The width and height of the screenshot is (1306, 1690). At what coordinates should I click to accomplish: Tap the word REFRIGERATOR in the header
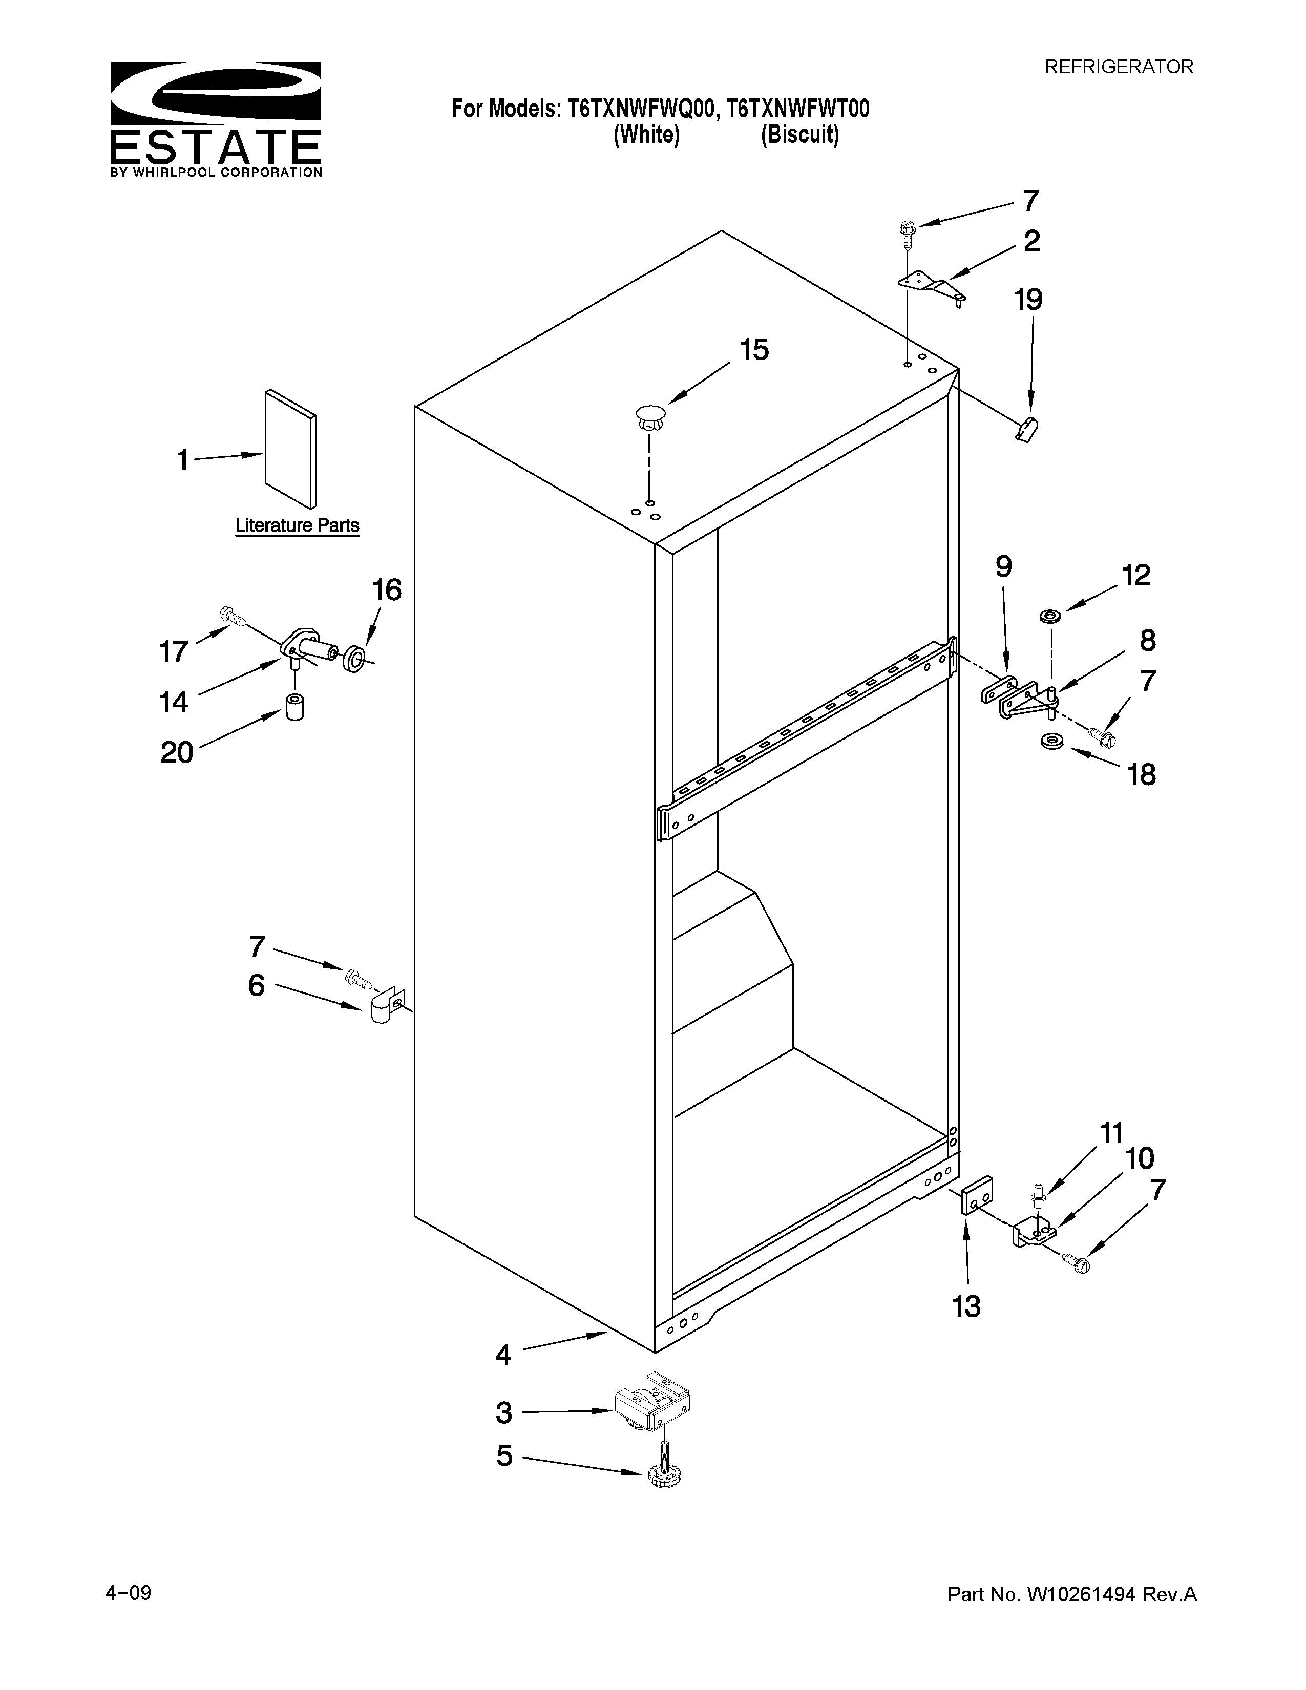click(1119, 67)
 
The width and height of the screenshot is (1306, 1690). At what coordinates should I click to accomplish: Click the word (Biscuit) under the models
click(799, 135)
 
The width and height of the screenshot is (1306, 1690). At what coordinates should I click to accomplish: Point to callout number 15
click(754, 350)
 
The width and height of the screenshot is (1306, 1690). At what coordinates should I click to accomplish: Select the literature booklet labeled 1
click(290, 450)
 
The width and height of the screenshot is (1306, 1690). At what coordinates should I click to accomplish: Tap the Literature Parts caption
click(297, 525)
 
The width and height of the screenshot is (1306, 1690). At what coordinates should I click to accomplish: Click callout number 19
click(1028, 300)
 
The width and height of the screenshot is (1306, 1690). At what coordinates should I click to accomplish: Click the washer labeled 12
click(1050, 616)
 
